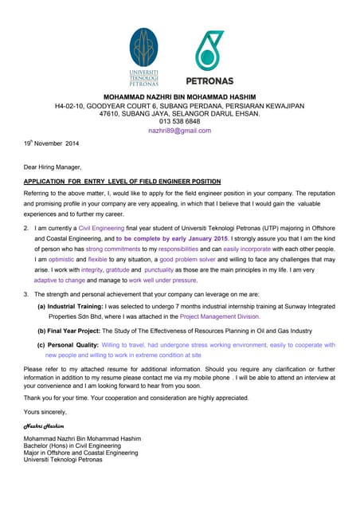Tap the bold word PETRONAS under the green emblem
(209, 80)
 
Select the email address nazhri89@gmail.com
(179, 130)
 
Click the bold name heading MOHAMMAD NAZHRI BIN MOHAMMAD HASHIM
(180, 96)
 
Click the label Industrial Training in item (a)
(77, 305)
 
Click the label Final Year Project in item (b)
(78, 331)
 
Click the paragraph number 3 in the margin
(26, 294)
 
